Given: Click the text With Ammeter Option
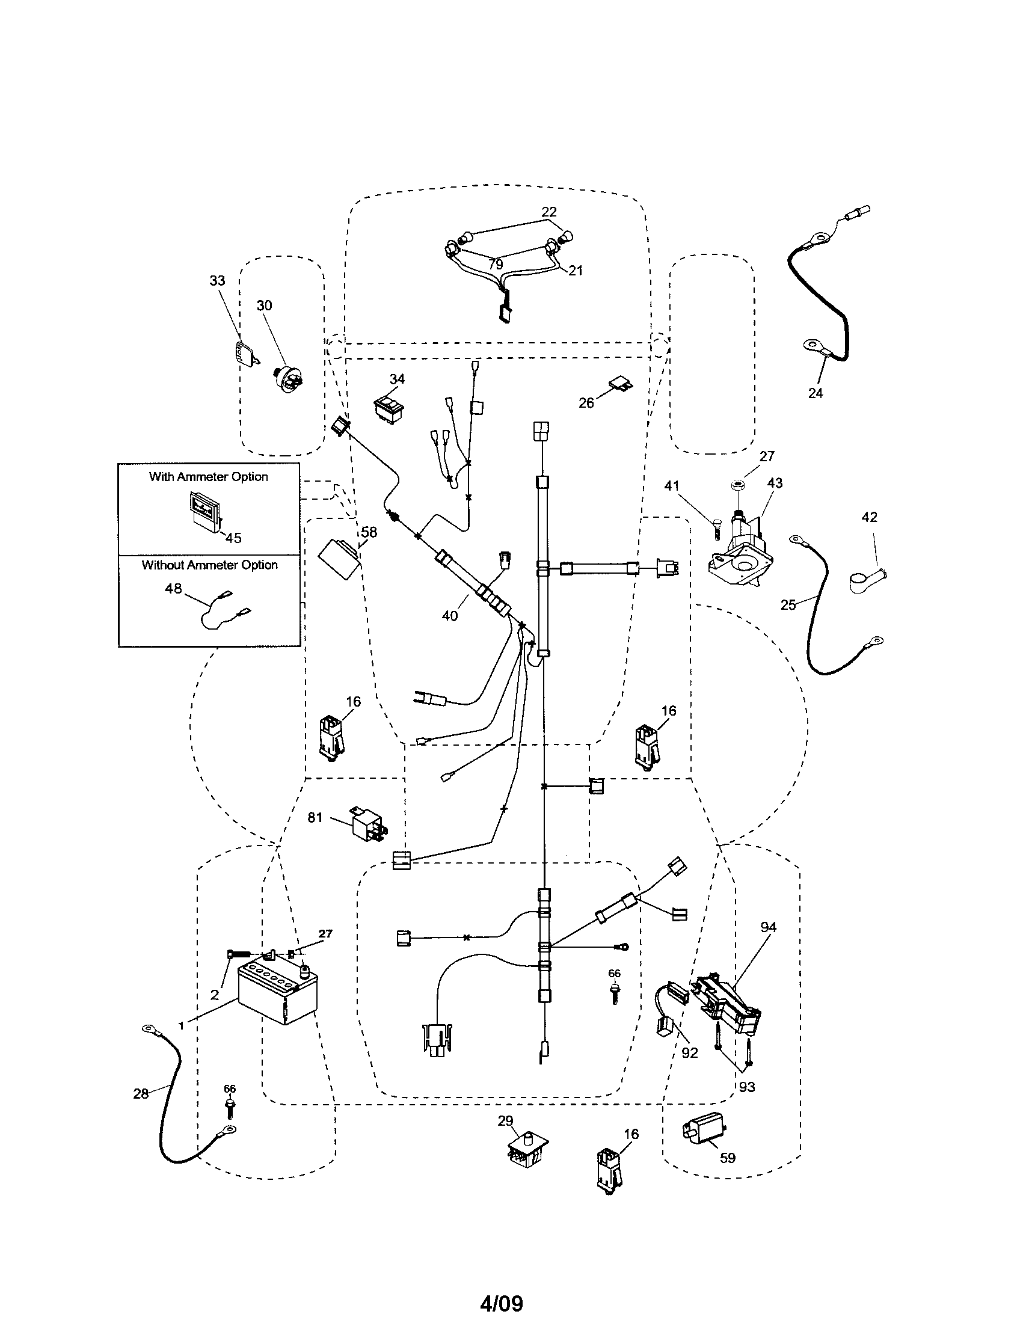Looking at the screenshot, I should tap(208, 477).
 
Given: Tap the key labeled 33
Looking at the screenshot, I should tap(244, 352).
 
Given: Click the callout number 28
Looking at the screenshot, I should tap(141, 1093).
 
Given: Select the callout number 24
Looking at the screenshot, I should tap(816, 393).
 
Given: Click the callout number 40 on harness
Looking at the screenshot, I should tap(449, 615).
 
